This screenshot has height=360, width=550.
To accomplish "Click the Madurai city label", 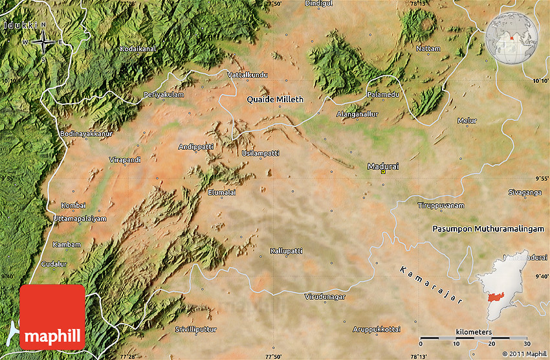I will click(383, 166).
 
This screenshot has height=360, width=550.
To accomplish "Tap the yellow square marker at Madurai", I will click(383, 172).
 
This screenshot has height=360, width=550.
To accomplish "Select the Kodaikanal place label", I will click(137, 49).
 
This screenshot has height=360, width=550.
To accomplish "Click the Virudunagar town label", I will click(325, 297).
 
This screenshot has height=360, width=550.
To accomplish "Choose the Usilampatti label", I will click(261, 153).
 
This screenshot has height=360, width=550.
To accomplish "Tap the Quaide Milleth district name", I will click(275, 100).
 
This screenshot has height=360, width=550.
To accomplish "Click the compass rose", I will click(43, 43).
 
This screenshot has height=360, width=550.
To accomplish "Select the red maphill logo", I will click(52, 317).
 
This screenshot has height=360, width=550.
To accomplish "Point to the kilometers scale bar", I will click(474, 337).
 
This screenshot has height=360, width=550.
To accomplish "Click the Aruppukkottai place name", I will click(377, 330).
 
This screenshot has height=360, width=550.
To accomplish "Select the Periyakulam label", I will click(164, 95).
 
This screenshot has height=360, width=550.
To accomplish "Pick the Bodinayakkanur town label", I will click(86, 133).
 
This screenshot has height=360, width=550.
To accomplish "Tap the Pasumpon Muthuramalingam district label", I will click(490, 229).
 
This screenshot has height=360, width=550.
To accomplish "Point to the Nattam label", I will click(428, 49).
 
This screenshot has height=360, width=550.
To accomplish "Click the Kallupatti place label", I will click(286, 250).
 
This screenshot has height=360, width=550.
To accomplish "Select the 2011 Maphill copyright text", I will click(524, 354).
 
